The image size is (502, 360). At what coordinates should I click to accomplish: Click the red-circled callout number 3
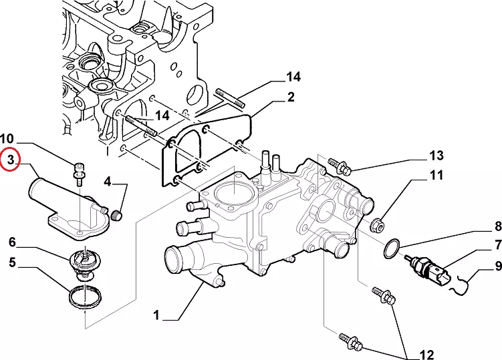coord(11,161)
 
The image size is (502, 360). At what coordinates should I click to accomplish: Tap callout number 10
coord(14,138)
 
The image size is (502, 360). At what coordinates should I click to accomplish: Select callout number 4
coord(107,181)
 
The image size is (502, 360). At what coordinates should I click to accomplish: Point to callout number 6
coord(12,241)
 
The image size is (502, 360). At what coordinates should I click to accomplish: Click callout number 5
coord(12,262)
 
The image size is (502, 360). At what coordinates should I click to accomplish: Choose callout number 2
coord(291,98)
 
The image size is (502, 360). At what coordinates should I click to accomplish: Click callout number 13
coord(436,156)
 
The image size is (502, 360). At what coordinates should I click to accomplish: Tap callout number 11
coord(436,176)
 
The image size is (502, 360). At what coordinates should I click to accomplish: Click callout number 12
coord(426,354)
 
